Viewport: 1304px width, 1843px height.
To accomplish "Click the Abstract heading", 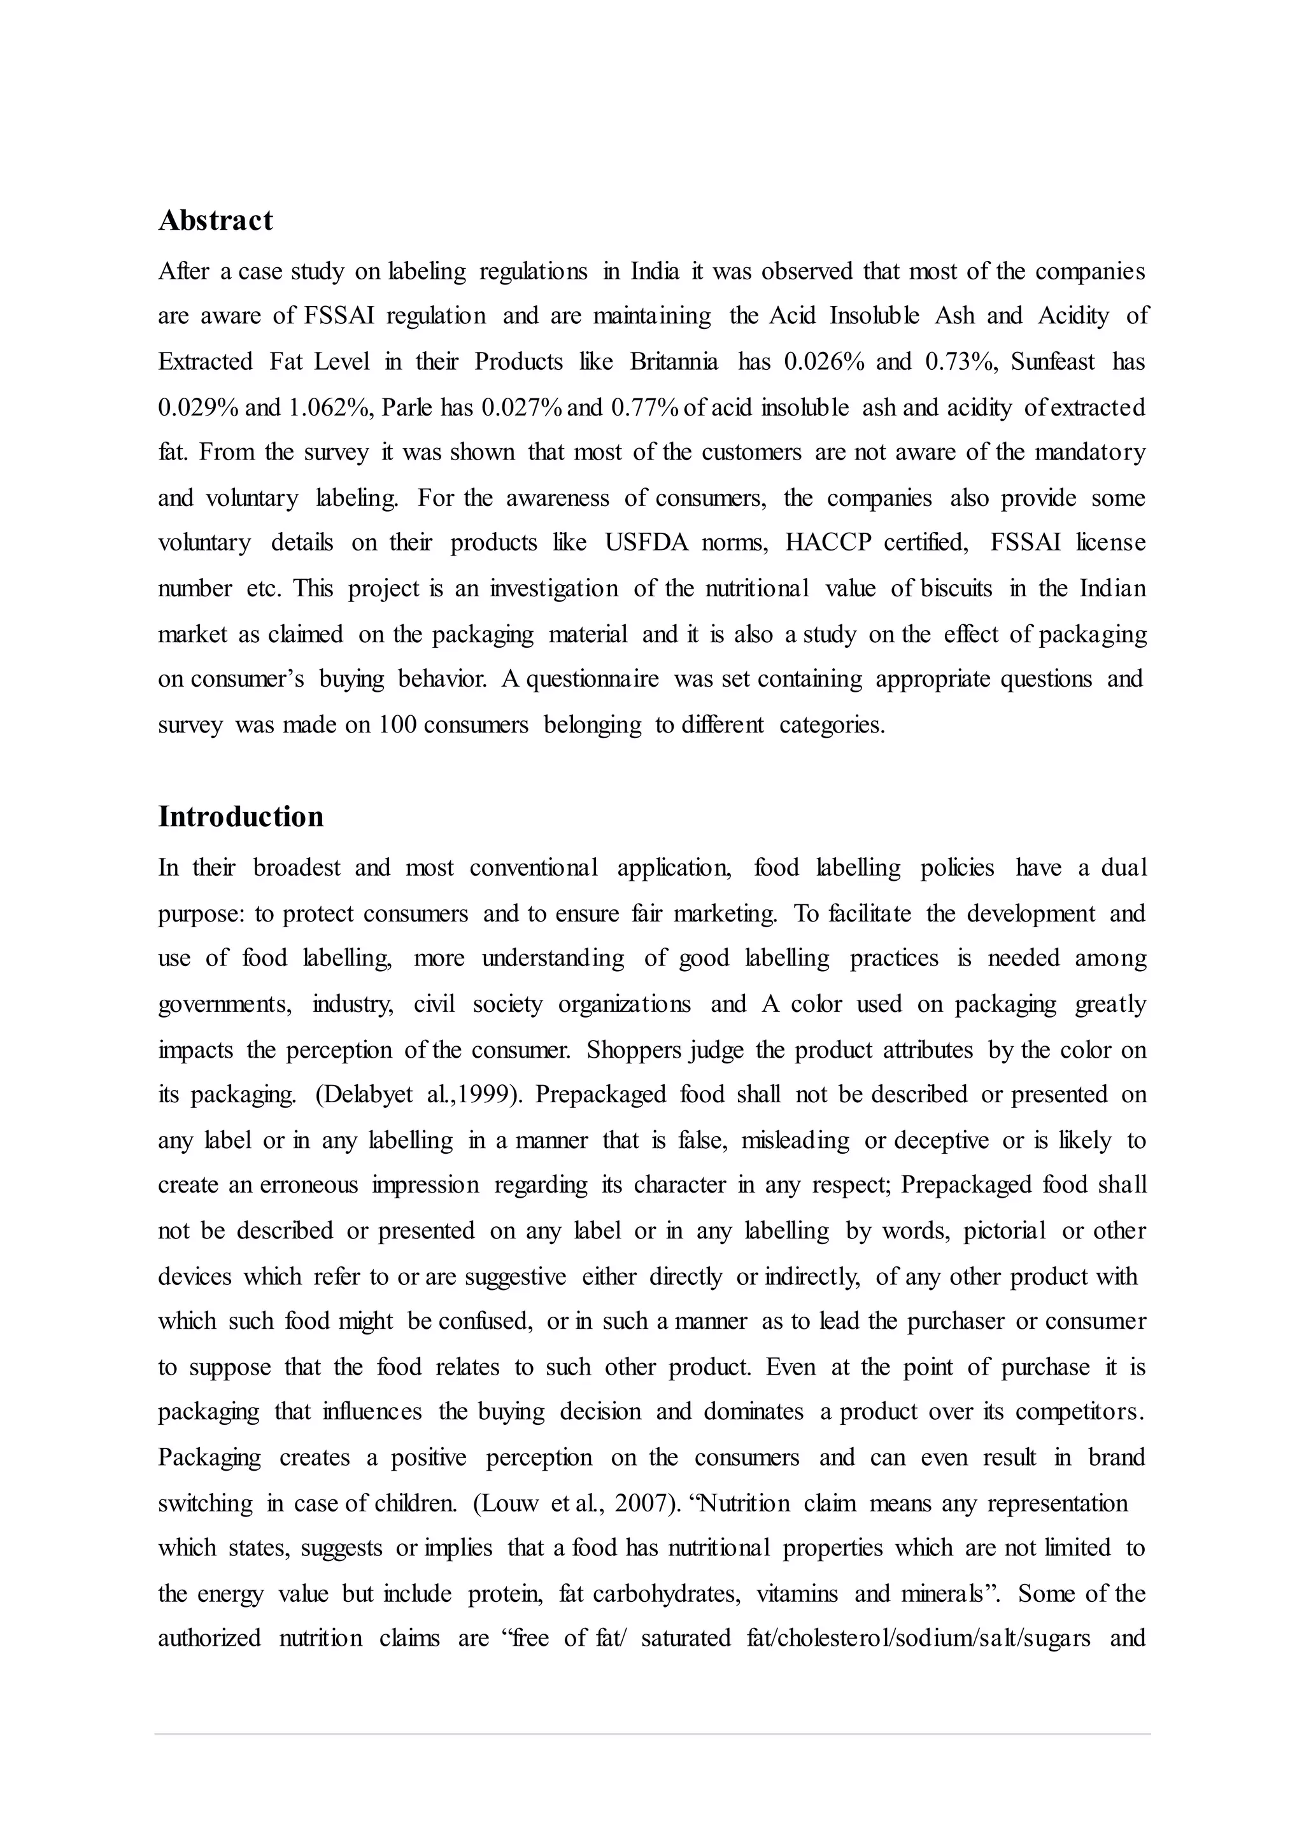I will [x=215, y=220].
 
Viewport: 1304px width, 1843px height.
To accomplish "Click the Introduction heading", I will [x=241, y=816].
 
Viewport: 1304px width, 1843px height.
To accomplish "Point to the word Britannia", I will [x=674, y=362].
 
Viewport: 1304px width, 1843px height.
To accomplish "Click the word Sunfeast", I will [x=1052, y=362].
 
